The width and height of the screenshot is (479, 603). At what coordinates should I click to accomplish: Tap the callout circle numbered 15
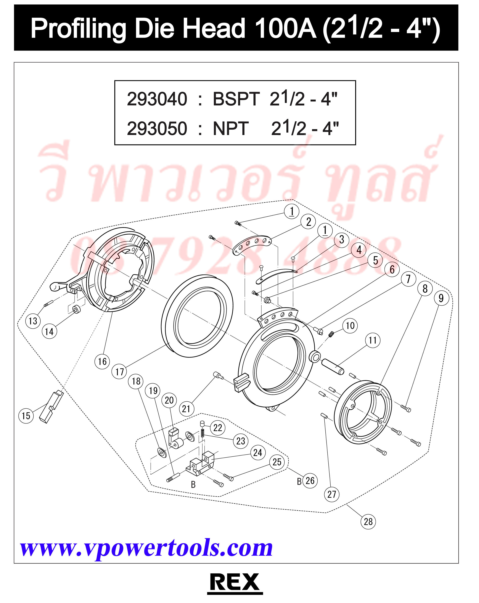[x=26, y=416]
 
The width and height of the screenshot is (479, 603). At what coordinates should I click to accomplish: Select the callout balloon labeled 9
[x=441, y=298]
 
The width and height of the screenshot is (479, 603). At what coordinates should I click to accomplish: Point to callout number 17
[x=119, y=372]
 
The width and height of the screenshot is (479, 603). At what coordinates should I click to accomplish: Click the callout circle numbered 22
[x=217, y=428]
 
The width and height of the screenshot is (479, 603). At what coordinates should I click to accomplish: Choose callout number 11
[x=372, y=340]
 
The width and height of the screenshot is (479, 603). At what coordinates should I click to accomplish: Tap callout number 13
[x=33, y=321]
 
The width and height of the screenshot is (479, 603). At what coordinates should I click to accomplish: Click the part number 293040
[x=157, y=99]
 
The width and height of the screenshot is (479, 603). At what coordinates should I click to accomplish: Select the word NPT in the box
[x=231, y=128]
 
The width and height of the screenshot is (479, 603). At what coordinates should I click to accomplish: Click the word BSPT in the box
[x=236, y=99]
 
